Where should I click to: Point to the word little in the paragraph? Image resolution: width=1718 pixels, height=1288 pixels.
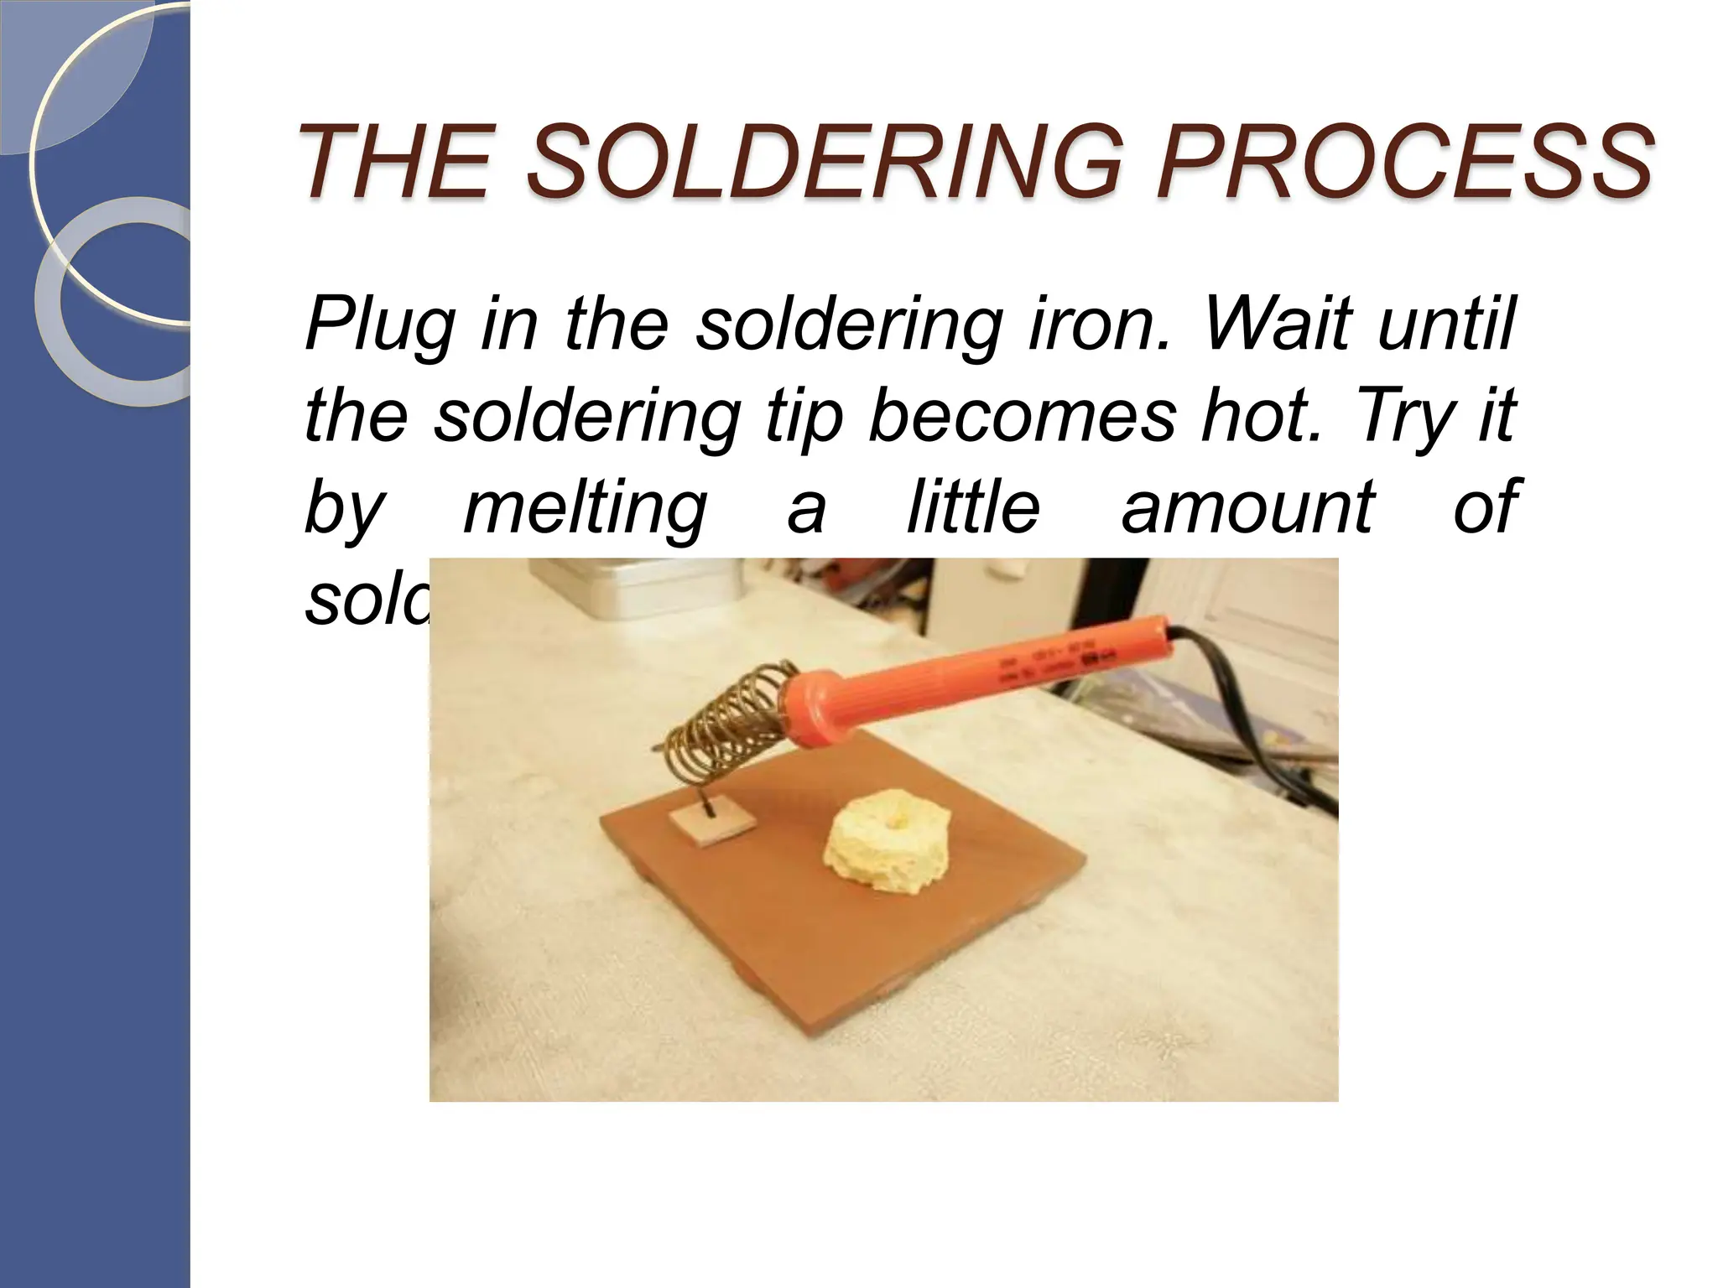point(973,506)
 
